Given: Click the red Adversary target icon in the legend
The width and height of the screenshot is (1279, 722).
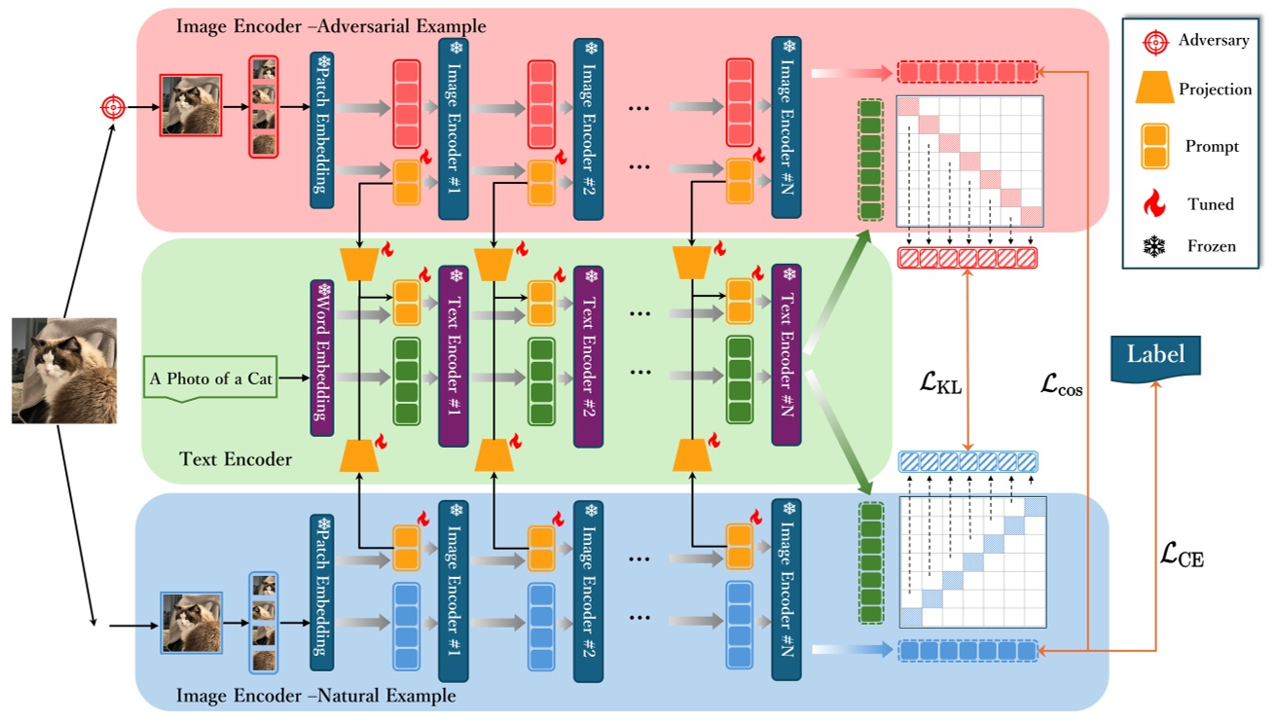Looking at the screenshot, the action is coord(1155,43).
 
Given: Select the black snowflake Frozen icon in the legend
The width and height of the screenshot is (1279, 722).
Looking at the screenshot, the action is coord(1154,246).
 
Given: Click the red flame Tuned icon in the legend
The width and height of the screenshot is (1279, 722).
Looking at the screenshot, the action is coord(1154,203).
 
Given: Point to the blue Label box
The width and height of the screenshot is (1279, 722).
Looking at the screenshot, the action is coord(1155,358).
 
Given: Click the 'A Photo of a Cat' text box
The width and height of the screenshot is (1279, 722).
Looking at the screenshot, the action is coord(210,379).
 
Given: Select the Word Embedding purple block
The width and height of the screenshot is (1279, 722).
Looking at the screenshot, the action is coord(322,358).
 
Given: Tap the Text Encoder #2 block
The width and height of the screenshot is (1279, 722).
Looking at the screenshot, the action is coord(588,356).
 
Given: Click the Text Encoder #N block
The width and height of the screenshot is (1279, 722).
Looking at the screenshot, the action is coord(786,355).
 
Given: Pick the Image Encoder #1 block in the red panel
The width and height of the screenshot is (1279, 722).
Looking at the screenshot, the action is coord(454,129).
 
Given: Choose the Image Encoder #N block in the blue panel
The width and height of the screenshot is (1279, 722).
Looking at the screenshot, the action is coord(786,590).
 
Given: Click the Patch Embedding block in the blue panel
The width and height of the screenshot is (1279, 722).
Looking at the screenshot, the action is coord(322,593).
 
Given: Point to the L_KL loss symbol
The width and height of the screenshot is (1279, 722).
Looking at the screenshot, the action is coord(940,382).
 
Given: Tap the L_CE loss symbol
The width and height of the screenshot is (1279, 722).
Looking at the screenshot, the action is coord(1182,555).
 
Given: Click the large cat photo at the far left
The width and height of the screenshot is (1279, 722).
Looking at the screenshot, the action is coord(64,371).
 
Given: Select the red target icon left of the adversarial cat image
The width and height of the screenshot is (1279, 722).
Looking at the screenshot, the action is coord(113,107).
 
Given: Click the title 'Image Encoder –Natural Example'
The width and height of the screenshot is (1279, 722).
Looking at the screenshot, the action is coord(315,695).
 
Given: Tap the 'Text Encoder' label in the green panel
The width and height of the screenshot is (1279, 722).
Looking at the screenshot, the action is coord(236,459).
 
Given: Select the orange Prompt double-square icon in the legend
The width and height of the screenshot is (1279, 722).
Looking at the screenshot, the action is coord(1154,146).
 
